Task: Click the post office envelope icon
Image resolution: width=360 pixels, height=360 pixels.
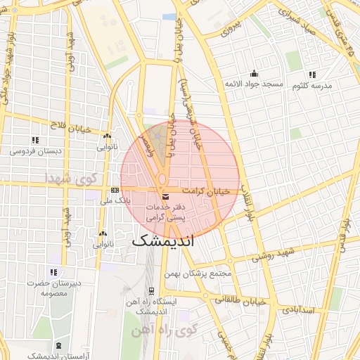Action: [x=165, y=196]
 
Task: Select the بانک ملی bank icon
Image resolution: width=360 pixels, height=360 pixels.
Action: [x=115, y=191]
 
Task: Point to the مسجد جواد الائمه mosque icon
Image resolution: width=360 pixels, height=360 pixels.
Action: [x=254, y=74]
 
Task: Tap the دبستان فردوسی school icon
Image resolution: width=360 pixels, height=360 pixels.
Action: [x=35, y=140]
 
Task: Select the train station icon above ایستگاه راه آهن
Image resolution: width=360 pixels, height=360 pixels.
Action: [x=150, y=290]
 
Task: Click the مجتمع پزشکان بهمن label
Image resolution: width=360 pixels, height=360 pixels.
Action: [x=196, y=273]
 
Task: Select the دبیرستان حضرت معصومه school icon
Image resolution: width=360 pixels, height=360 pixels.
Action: [x=53, y=272]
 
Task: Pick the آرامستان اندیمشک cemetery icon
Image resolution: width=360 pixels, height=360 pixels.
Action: [x=58, y=346]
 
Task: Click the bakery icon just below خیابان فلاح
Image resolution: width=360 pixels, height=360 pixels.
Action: [x=107, y=136]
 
